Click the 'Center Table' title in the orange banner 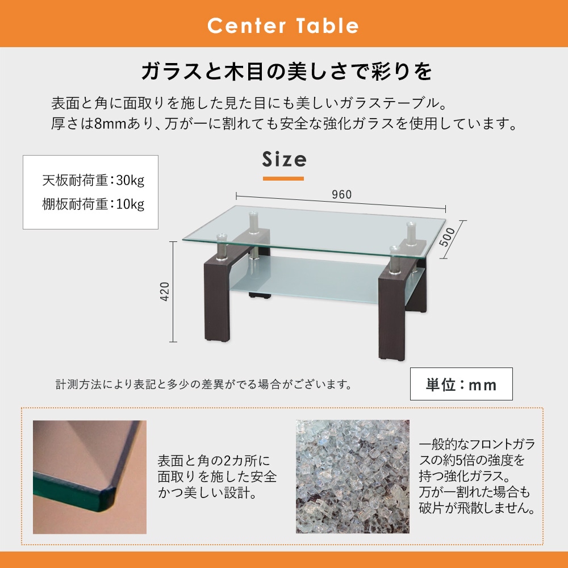click(283, 26)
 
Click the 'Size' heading click(284, 160)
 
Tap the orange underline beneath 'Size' click(283, 178)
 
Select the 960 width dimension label click(341, 194)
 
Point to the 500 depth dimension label click(448, 236)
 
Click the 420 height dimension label click(165, 292)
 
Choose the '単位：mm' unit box click(461, 385)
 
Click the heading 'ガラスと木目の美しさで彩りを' click(286, 72)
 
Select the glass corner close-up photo click(90, 477)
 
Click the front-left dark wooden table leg click(216, 295)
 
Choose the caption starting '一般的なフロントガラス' click(477, 476)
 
